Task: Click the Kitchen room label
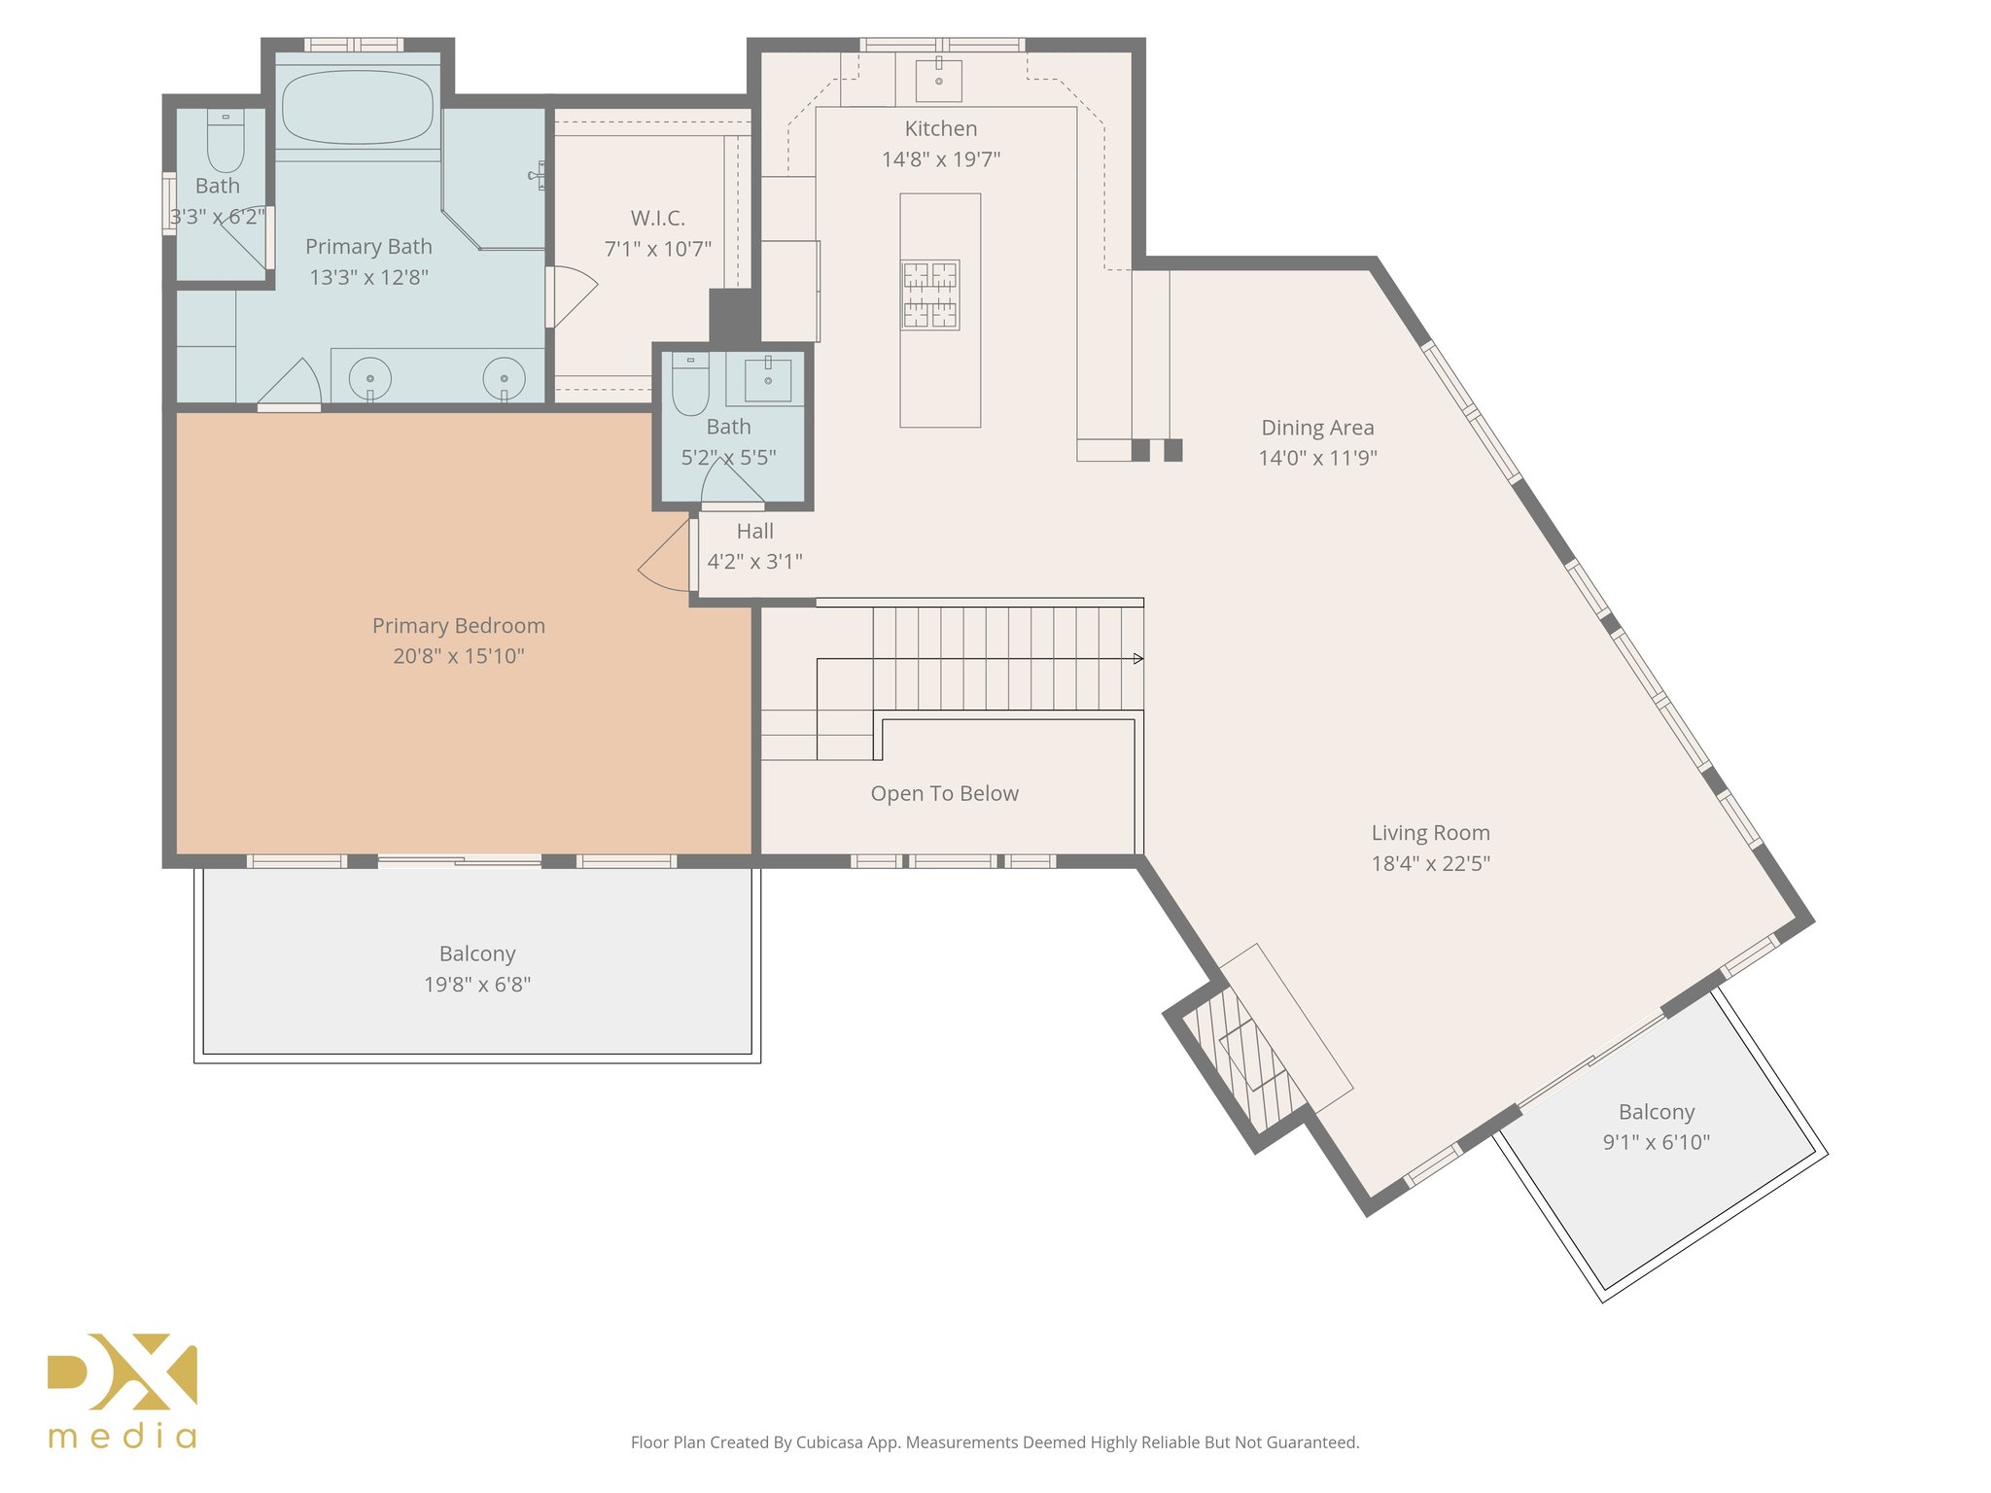940,128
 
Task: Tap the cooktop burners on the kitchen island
930,295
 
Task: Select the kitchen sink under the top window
939,81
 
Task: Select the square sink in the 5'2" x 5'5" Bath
768,379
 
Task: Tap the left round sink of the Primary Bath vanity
370,378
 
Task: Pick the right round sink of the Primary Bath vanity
504,378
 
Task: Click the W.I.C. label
658,218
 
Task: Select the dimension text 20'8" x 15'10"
458,656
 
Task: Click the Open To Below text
944,793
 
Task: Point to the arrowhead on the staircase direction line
1137,659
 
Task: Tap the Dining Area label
1317,428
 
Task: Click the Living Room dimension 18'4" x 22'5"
1430,863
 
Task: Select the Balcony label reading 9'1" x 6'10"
1656,1112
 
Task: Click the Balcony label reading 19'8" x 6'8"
476,954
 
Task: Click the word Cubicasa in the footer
833,1442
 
